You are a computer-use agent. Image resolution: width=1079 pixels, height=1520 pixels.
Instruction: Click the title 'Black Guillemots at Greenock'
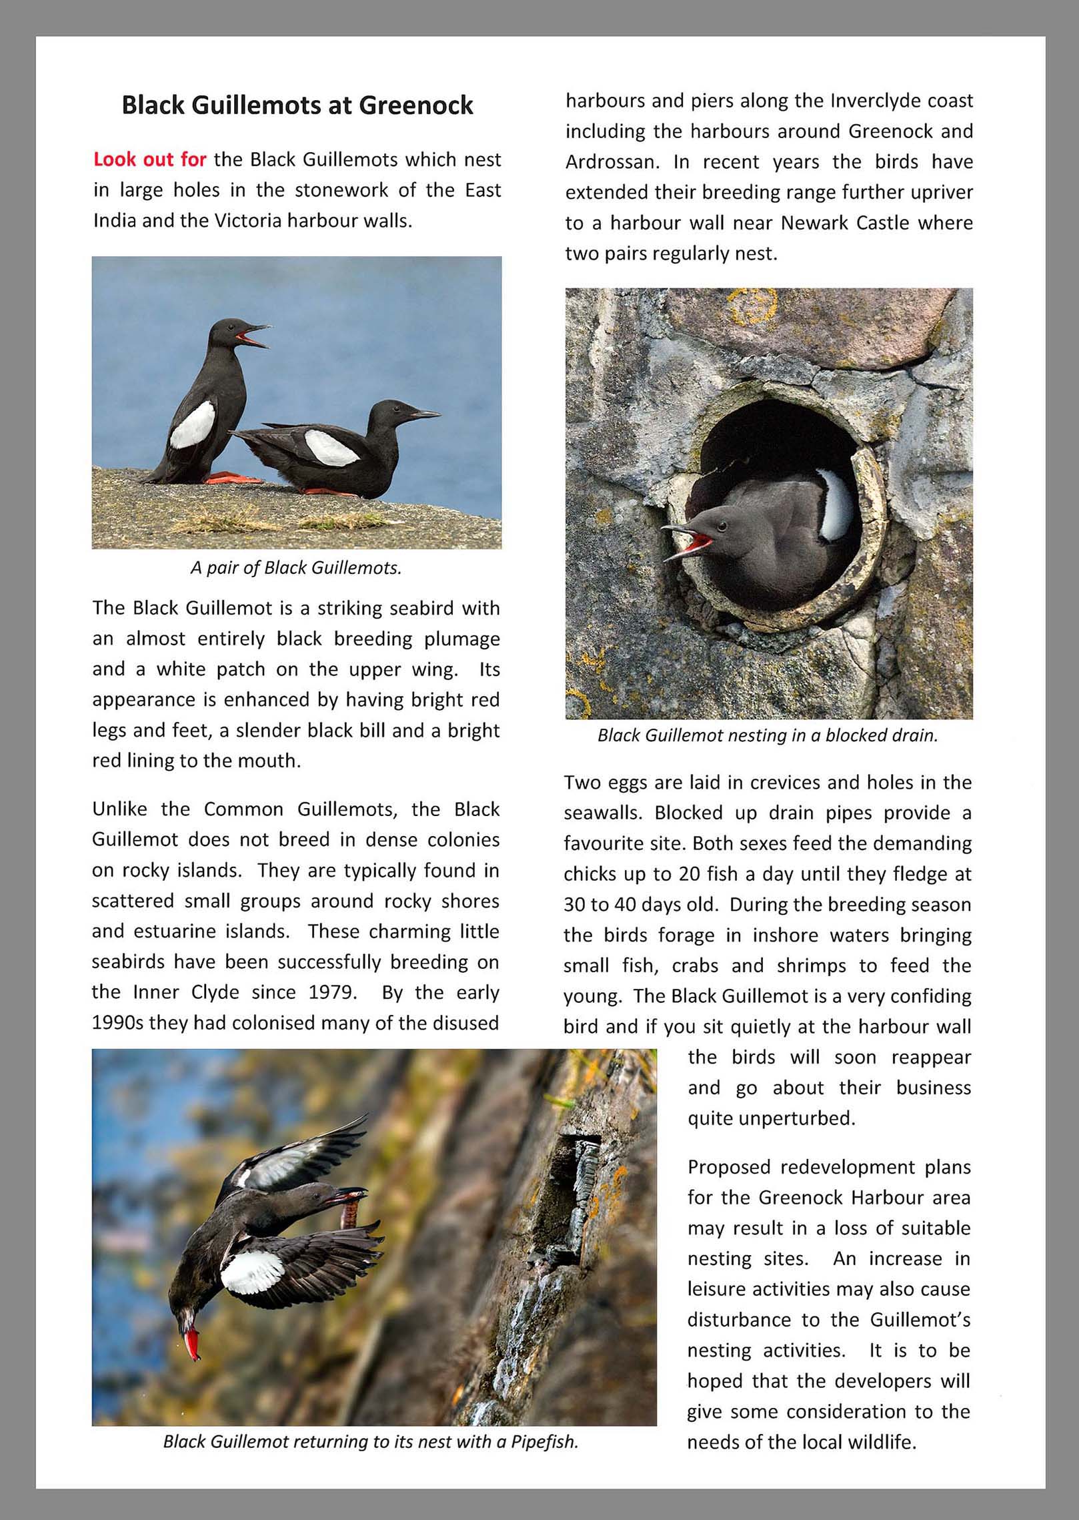[297, 105]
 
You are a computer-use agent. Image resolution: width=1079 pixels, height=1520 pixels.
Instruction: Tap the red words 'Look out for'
[150, 159]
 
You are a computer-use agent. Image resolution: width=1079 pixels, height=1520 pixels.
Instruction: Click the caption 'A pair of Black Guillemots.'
[296, 568]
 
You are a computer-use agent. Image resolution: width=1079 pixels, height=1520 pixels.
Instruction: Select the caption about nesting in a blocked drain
[768, 735]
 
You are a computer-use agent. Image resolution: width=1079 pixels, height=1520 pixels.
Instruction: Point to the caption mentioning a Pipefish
[371, 1441]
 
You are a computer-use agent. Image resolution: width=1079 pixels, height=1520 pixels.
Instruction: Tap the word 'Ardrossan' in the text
[614, 162]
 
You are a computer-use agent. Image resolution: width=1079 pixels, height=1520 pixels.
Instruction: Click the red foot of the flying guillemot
[192, 1342]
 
